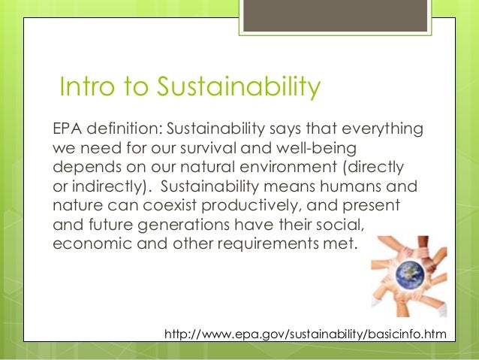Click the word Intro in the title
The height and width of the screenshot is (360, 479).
pos(83,88)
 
